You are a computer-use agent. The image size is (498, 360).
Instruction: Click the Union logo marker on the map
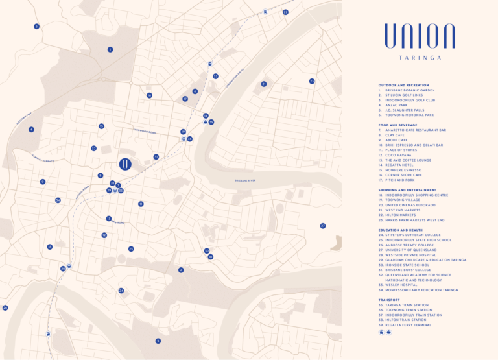coord(126,164)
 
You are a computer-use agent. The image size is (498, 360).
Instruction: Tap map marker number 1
coord(110,49)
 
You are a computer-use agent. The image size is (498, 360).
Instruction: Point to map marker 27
coord(322,226)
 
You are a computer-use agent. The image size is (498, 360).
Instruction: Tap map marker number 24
coord(121,291)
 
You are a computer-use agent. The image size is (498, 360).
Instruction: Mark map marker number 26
coord(5,307)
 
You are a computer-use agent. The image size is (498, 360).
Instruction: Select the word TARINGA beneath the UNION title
coord(420,58)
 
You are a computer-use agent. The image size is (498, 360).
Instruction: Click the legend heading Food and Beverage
coord(397,125)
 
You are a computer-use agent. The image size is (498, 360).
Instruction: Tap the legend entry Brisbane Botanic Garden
coord(411,90)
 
